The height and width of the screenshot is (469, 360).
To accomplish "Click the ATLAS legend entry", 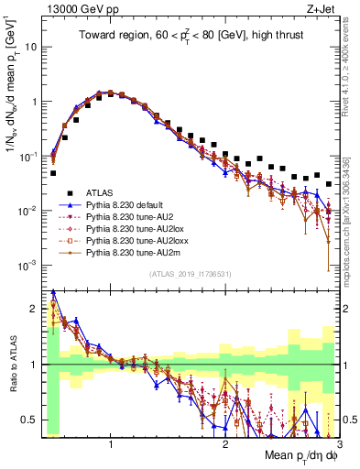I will (x=101, y=191).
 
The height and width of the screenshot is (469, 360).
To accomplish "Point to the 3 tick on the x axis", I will (x=339, y=443).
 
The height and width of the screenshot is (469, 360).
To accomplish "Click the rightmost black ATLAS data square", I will (x=328, y=184).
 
